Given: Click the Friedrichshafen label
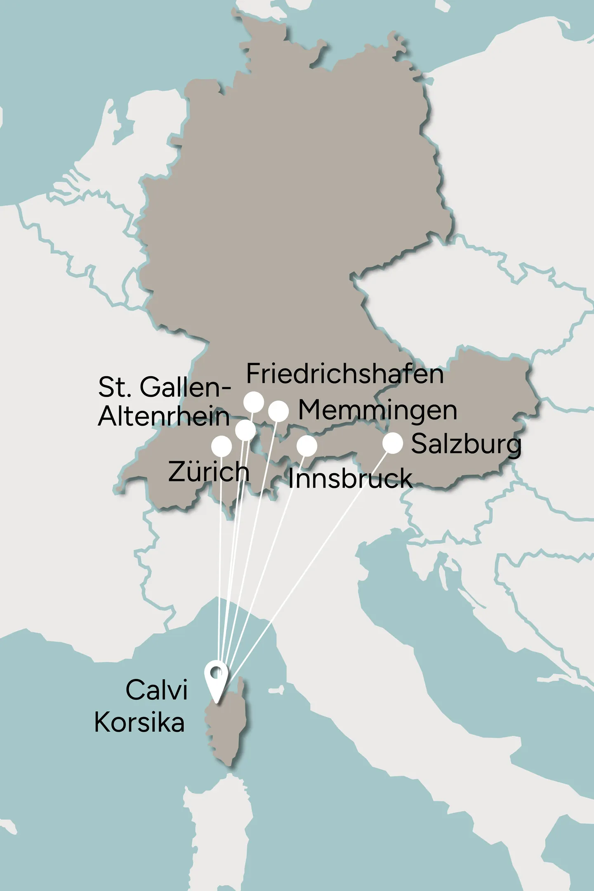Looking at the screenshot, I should pos(345,374).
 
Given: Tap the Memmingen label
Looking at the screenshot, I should pos(377,410).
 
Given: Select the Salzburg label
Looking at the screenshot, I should pos(466,445).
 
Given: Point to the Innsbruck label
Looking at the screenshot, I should pos(350,479).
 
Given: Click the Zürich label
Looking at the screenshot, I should pos(209,471).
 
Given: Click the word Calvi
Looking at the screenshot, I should pos(157,690).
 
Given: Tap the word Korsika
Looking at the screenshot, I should pos(139,722).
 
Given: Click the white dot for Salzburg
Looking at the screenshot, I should pos(393,443).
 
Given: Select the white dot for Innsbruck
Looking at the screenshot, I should pos(307,445).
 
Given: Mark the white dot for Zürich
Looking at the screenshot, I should pos(222,446).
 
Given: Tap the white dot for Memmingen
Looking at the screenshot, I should pos(278,411).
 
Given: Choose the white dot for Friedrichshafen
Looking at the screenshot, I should pos(254,402).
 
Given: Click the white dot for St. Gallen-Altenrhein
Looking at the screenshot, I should pos(245,430).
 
